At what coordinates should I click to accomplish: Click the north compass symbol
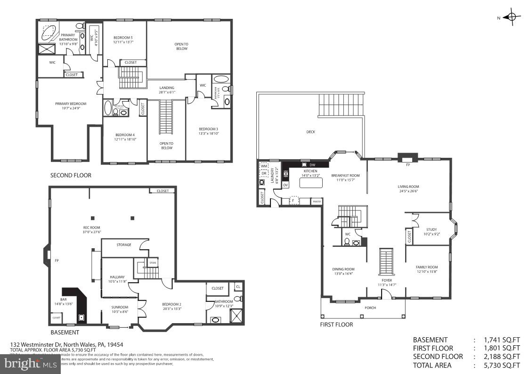511,17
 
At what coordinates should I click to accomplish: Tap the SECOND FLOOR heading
71,175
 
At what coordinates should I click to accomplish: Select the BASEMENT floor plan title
65,333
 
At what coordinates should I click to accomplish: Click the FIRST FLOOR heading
336,325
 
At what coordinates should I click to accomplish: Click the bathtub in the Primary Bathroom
49,32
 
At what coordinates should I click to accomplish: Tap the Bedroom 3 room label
208,131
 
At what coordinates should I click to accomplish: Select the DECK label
310,132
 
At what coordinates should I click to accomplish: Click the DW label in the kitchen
312,165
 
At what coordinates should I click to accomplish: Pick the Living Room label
408,188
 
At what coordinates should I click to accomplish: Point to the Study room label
431,232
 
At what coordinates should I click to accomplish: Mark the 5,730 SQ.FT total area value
503,365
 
